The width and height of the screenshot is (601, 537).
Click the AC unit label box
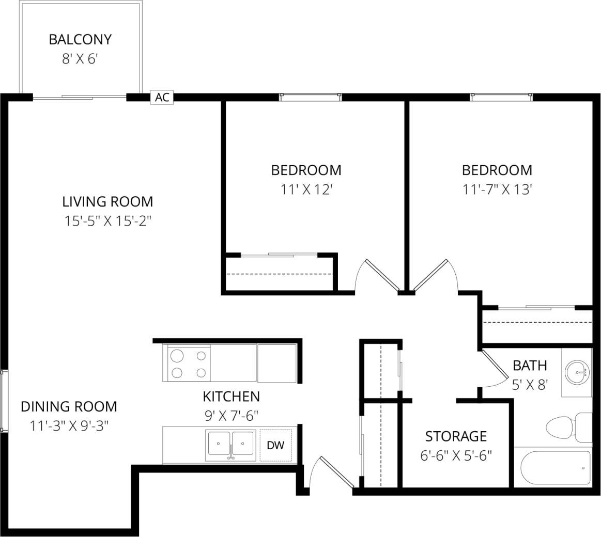click(162, 97)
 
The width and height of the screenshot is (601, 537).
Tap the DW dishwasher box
click(275, 445)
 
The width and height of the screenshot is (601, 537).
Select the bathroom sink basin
click(577, 371)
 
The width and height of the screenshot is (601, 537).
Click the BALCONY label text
click(80, 39)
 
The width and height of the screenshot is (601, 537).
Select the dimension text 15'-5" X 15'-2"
click(107, 221)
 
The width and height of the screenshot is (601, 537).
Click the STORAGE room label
click(456, 436)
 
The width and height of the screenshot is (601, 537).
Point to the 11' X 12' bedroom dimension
click(306, 189)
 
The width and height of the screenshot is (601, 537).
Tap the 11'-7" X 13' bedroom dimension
click(497, 189)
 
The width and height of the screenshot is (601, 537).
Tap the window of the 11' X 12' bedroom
click(310, 96)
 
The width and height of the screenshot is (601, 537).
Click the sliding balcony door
click(80, 96)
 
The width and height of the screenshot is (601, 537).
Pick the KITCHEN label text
click(231, 397)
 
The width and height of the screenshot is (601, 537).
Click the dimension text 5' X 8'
click(529, 385)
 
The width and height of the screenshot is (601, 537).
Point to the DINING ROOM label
click(69, 406)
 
